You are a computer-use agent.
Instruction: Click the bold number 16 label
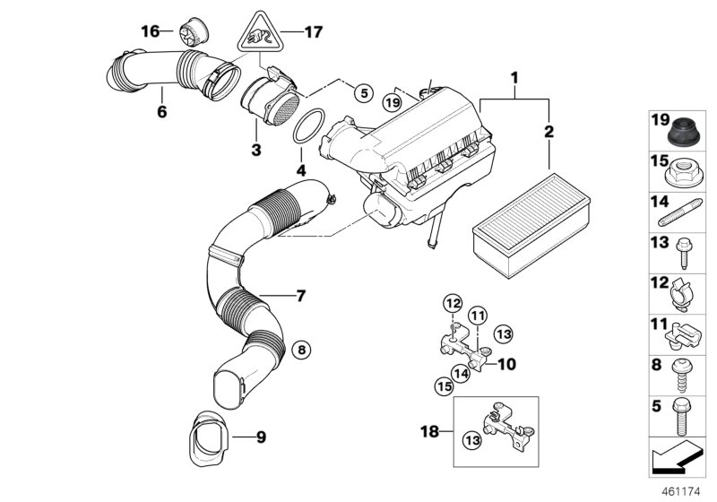click(x=151, y=31)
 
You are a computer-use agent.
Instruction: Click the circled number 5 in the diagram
click(x=362, y=91)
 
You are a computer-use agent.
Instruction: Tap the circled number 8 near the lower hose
click(x=301, y=349)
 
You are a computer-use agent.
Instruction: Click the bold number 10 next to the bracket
click(x=506, y=365)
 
